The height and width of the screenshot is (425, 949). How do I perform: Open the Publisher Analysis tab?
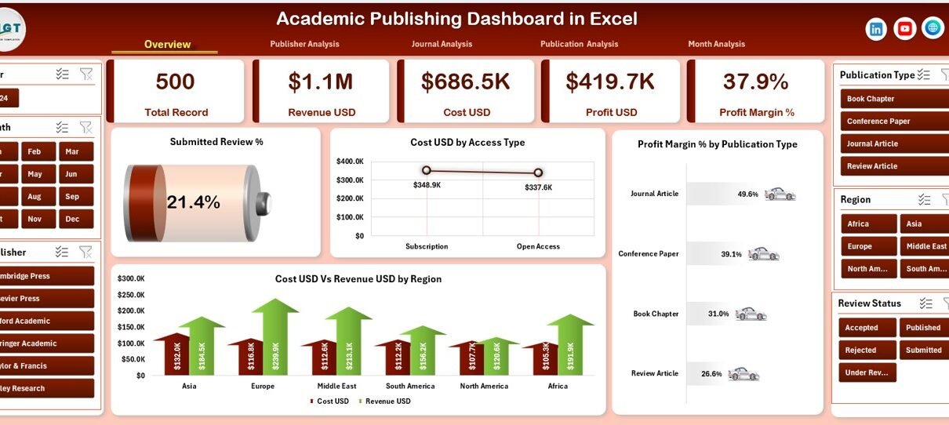304,45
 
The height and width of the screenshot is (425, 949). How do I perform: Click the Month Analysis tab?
716,45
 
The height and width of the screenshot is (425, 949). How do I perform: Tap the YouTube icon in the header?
904,29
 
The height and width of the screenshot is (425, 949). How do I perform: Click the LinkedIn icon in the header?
876,29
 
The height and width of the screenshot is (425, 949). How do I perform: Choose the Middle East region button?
925,246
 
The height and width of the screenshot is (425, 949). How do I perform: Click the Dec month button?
72,219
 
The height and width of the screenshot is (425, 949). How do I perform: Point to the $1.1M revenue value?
321,82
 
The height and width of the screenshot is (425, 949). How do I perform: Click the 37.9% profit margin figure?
756,82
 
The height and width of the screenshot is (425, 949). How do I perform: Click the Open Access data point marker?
538,173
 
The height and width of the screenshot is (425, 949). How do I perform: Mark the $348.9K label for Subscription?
427,185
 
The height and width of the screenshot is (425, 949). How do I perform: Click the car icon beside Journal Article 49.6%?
780,194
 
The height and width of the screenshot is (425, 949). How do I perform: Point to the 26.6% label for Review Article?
711,374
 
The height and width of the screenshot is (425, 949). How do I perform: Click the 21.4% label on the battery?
194,202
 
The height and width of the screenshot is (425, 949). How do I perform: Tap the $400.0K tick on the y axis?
350,162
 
